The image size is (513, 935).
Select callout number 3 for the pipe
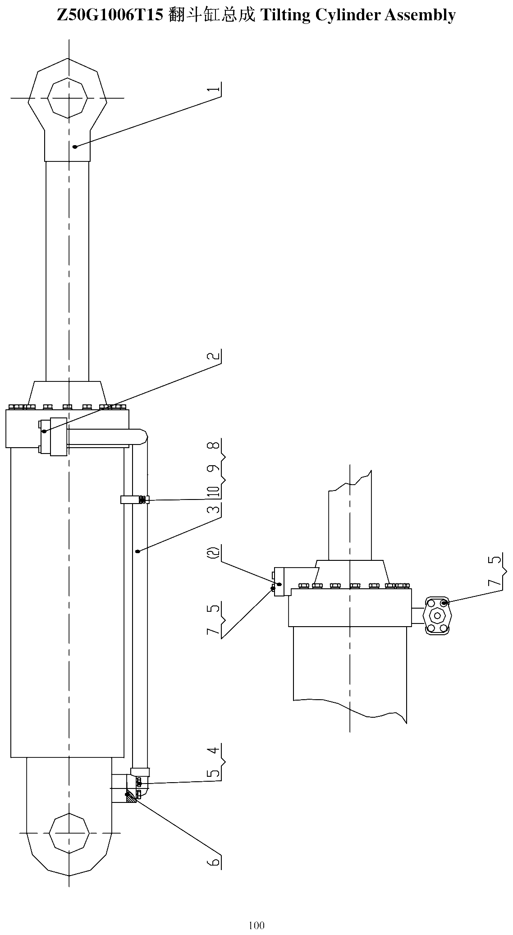(x=216, y=510)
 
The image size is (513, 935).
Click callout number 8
(x=216, y=445)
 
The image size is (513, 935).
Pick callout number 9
(x=216, y=467)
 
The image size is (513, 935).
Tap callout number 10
(x=216, y=490)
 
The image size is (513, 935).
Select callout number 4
(x=216, y=751)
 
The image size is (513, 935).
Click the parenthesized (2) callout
(x=216, y=553)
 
